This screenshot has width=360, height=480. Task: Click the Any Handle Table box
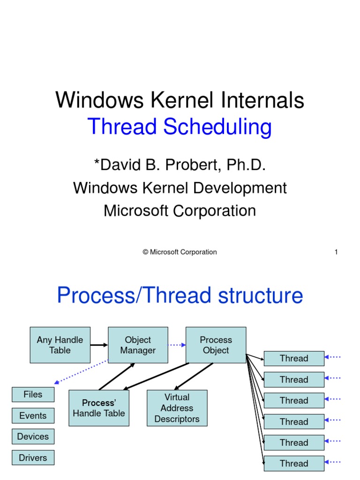(x=60, y=345)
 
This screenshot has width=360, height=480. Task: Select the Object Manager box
(x=138, y=345)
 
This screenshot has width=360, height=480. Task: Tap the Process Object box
(x=216, y=345)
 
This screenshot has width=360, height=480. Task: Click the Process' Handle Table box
(x=99, y=408)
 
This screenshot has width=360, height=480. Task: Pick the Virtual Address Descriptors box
(x=177, y=408)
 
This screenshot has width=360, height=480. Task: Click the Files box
(x=33, y=395)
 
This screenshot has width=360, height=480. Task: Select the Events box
(x=33, y=415)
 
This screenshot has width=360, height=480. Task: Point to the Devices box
(x=33, y=436)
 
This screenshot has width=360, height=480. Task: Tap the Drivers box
(x=33, y=457)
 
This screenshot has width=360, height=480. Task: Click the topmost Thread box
(x=294, y=359)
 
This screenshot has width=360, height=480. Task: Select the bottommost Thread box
(x=294, y=463)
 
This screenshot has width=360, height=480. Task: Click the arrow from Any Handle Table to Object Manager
(x=99, y=345)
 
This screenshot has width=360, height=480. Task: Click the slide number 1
(x=336, y=252)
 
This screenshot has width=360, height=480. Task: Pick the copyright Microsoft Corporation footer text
(x=180, y=252)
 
